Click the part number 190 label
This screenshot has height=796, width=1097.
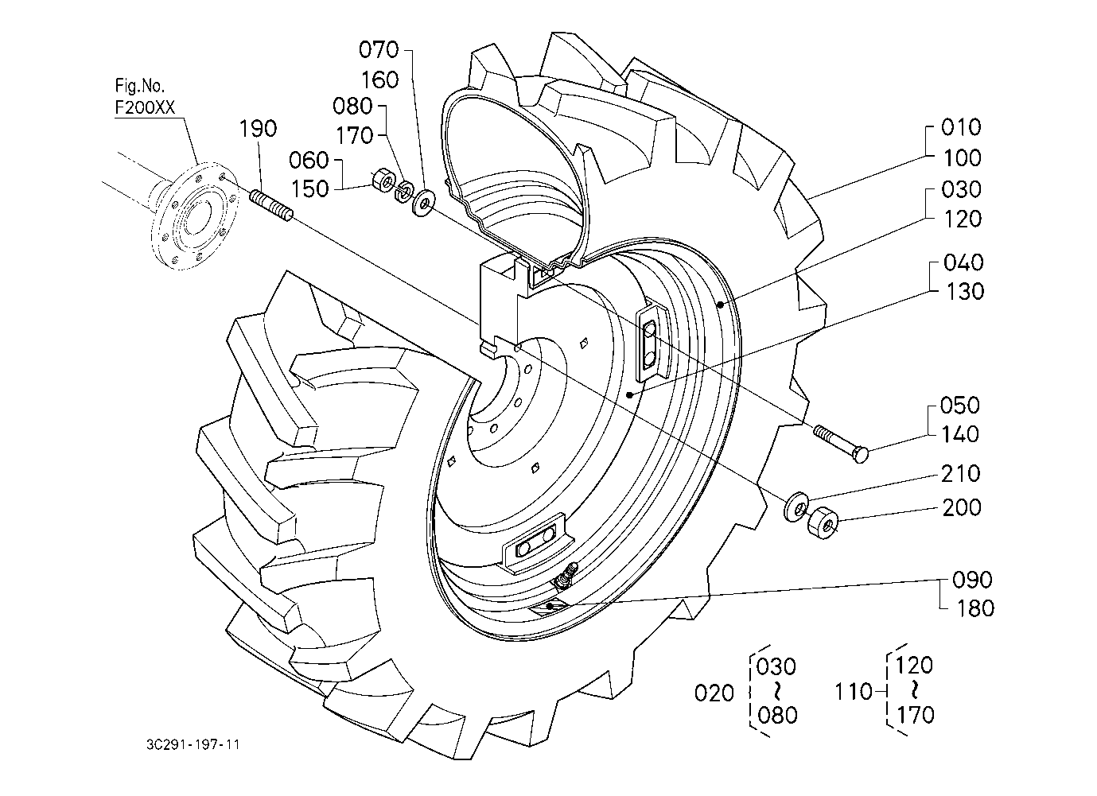259,129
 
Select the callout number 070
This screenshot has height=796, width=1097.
379,50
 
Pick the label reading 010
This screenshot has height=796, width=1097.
961,127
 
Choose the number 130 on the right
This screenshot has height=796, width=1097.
965,292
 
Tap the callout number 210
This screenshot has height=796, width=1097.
961,474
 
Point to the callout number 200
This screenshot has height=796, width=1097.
961,507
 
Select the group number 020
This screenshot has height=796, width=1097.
714,693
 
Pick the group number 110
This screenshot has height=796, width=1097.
854,692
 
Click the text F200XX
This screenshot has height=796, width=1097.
144,108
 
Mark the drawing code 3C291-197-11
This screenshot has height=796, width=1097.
193,745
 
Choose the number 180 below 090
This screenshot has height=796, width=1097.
975,609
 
